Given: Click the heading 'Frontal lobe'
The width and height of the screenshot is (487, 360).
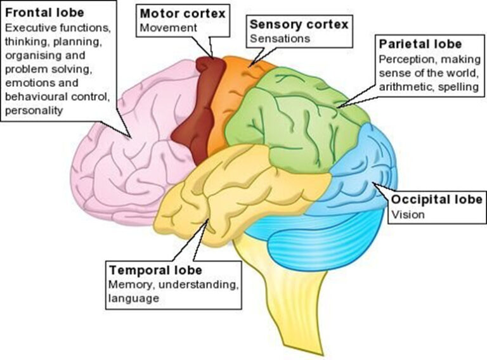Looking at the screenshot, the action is [x=45, y=13].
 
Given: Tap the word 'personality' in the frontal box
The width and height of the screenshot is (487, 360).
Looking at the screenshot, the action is [x=34, y=110].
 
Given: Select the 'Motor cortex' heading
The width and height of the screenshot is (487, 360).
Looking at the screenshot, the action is [x=183, y=14].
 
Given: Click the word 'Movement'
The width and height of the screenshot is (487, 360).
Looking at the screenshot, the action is [x=168, y=28].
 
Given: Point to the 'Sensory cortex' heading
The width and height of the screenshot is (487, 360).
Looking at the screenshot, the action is [x=299, y=24].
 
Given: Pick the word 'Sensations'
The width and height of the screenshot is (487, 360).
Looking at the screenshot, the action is [x=280, y=39].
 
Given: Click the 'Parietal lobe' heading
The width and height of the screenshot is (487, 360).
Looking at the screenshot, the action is [x=420, y=44].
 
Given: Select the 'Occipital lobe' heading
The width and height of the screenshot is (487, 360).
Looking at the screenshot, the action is [x=437, y=200].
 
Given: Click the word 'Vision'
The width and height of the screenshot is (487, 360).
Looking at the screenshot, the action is [x=408, y=214].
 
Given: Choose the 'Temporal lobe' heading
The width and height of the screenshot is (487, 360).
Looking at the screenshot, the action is [x=155, y=270].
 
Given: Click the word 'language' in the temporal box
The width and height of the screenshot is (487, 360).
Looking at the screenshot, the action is [x=134, y=299].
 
